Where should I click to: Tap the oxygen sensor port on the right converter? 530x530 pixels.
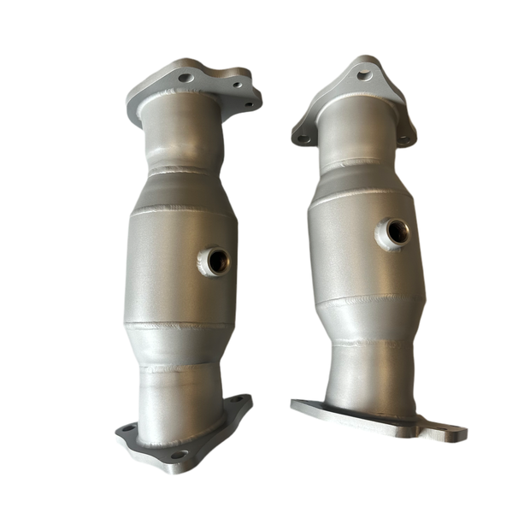397,230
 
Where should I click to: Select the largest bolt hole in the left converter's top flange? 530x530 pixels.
185,78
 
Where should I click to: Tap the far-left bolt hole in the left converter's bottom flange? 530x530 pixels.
127,427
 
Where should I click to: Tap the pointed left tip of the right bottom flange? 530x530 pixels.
294,403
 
